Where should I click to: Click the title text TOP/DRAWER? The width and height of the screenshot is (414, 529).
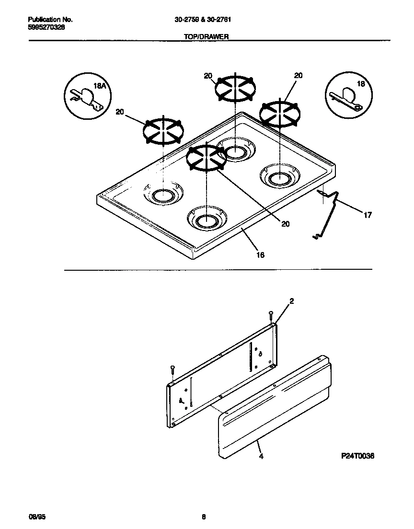[207, 36]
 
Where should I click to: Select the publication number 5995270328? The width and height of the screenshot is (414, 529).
[46, 27]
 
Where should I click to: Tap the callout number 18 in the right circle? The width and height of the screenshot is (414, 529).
[361, 84]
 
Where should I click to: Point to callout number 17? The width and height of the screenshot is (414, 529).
[368, 215]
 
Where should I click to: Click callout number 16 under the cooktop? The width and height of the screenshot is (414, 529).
[260, 254]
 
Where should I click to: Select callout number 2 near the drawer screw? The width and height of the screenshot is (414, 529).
[291, 301]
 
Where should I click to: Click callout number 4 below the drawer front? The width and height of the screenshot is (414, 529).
[261, 457]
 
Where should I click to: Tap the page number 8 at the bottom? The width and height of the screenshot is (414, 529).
[204, 517]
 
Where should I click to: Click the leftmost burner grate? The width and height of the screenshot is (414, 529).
[163, 130]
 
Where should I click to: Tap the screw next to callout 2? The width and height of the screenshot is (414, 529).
[271, 315]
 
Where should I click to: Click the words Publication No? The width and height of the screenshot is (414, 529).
[50, 20]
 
